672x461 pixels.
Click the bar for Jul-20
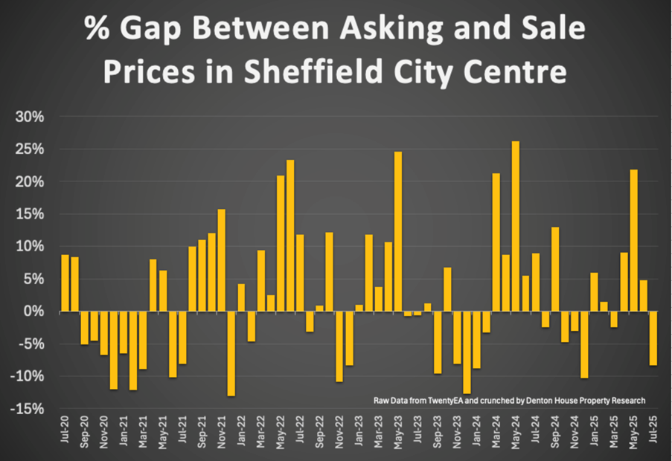tap(65, 283)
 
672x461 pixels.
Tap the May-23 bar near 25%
tap(398, 231)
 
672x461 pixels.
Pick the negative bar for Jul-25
tap(653, 338)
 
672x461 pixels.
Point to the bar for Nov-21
tap(222, 260)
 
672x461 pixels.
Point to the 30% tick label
tap(32, 117)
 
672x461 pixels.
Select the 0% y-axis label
tap(36, 312)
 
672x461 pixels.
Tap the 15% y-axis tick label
tap(32, 214)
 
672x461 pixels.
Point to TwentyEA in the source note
tap(438, 401)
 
